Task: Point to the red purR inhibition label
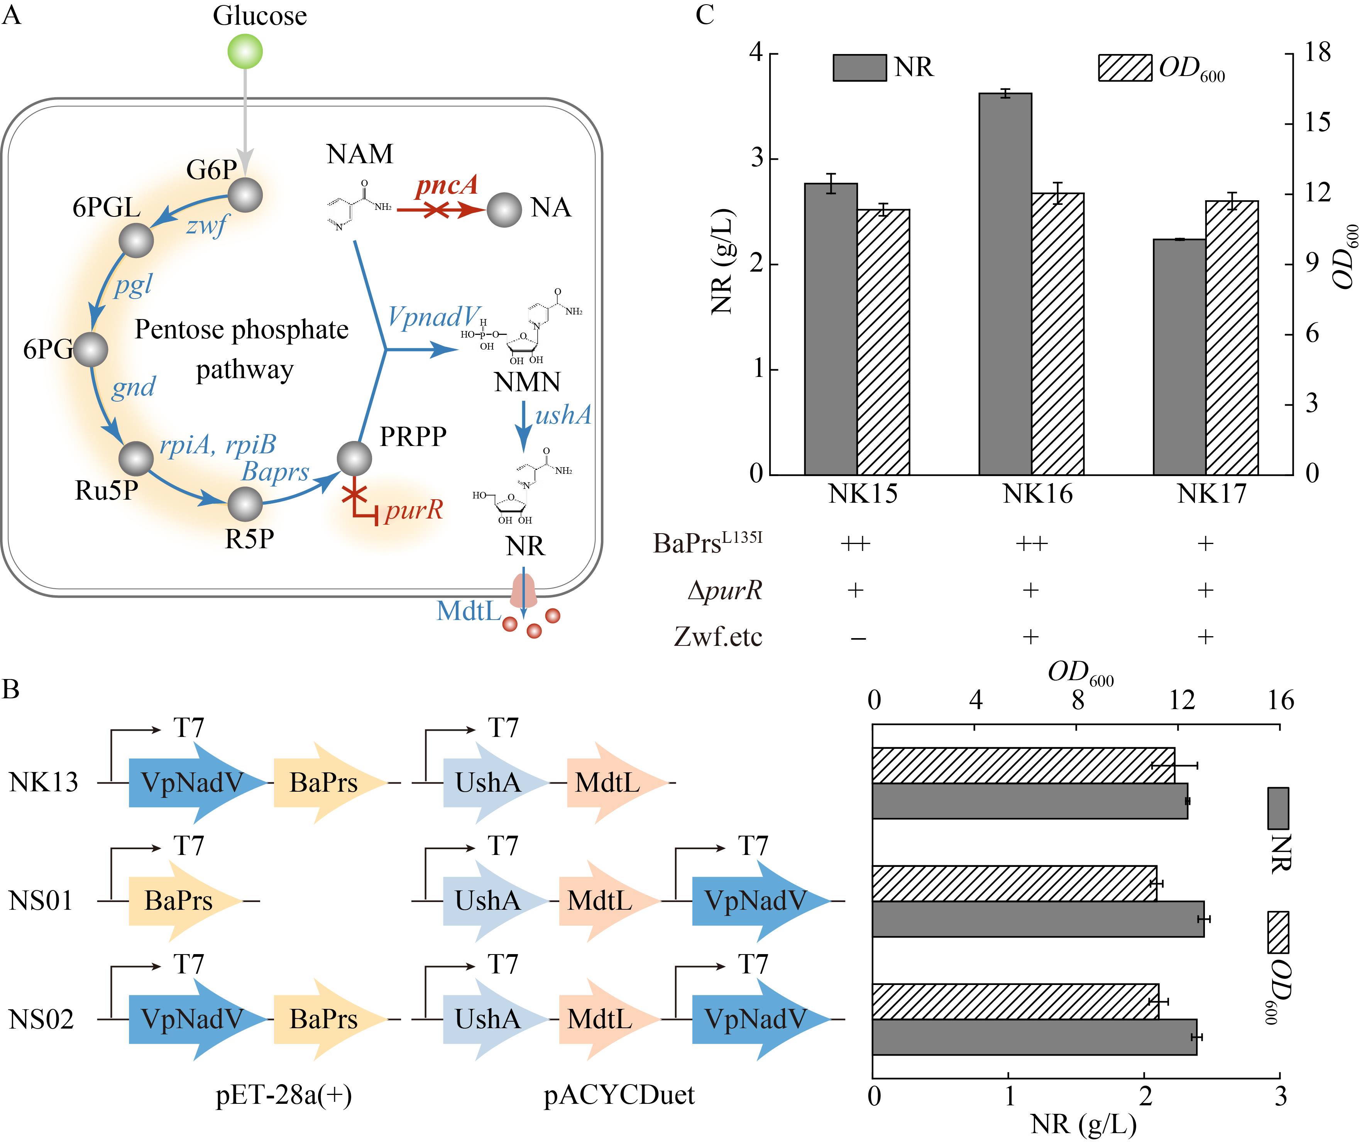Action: point(413,509)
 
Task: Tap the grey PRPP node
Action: point(355,459)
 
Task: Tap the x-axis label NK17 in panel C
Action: point(1211,494)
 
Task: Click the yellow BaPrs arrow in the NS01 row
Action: point(186,901)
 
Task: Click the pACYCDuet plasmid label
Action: point(619,1095)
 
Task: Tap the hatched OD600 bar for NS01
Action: point(1014,883)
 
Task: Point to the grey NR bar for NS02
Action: point(1034,1037)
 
